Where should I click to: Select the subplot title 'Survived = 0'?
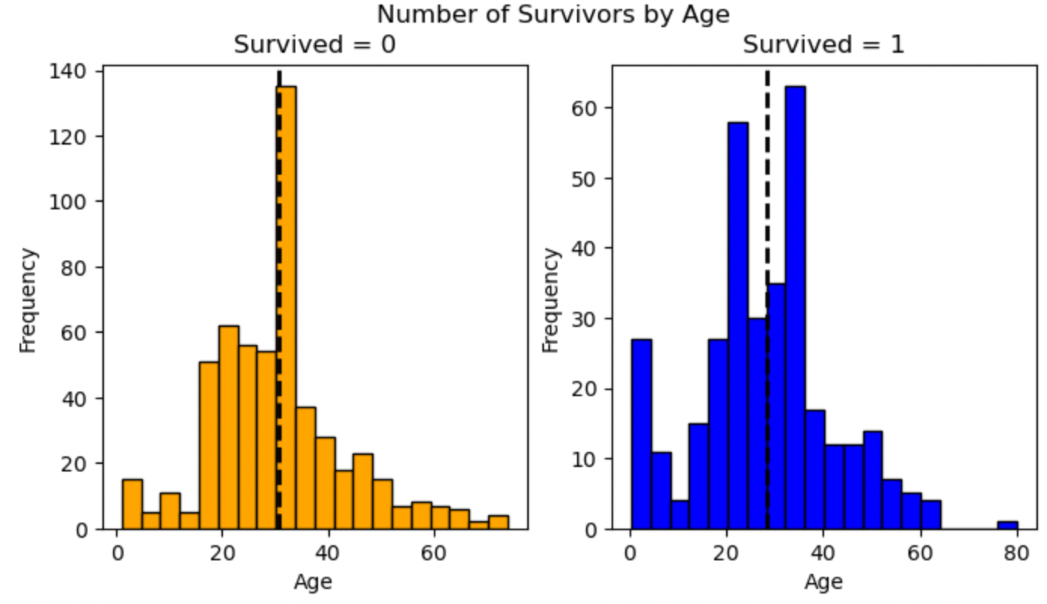point(314,44)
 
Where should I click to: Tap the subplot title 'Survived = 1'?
point(823,44)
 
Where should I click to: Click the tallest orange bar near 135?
point(287,309)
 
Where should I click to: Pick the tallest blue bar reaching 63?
point(795,309)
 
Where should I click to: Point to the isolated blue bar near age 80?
point(1008,525)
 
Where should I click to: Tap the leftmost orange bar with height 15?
point(133,505)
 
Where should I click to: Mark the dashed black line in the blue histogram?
point(767,226)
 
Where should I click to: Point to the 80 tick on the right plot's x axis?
point(1017,551)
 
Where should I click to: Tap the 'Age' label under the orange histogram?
point(314,582)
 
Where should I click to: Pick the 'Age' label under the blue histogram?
point(823,582)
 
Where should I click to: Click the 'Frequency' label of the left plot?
point(28,300)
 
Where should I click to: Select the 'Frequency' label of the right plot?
point(551,300)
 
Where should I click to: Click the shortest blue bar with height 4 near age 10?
point(680,515)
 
